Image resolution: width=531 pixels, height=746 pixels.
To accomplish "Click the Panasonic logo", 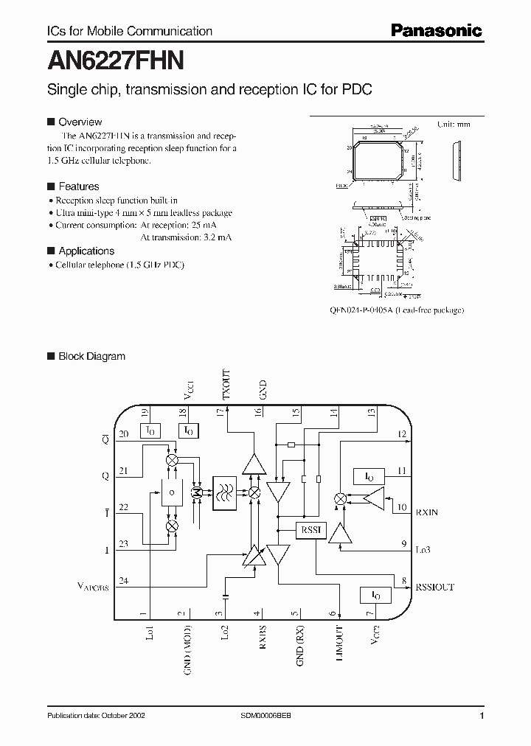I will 436,30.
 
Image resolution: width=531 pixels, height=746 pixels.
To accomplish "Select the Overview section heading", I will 80,122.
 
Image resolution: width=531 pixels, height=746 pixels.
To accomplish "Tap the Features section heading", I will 78,186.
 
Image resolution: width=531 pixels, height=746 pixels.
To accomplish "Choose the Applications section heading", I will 86,251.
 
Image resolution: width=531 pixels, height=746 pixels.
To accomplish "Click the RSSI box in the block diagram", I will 308,530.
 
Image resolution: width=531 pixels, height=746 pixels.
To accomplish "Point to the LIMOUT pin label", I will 339,643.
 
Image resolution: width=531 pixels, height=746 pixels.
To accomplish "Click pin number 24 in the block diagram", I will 123,581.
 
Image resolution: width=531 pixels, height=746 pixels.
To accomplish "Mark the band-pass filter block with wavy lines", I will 224,492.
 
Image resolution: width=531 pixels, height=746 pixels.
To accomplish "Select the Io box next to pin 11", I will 364,475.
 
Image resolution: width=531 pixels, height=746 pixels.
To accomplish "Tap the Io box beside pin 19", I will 150,430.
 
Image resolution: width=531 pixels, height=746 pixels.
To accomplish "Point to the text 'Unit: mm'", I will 454,125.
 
